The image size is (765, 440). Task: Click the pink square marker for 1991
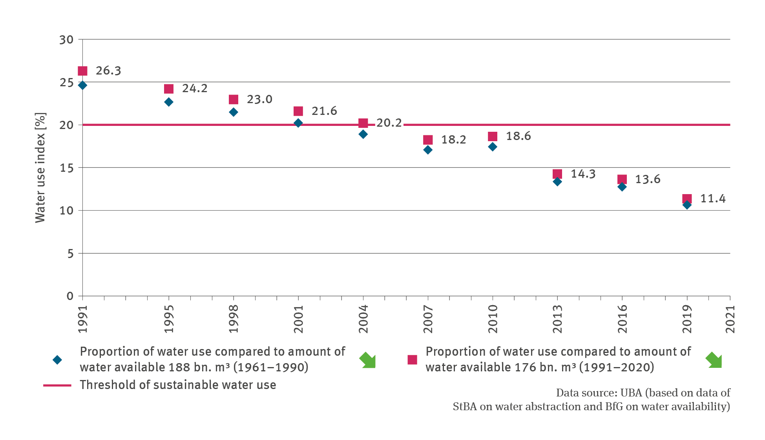point(82,71)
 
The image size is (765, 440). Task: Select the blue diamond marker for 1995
point(169,102)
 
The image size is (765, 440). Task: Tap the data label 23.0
point(259,99)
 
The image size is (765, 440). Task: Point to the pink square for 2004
point(363,123)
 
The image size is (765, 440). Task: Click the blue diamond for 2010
point(493,147)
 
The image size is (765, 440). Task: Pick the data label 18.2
point(453,140)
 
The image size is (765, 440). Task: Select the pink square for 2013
point(557,174)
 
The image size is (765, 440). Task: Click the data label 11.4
point(713,198)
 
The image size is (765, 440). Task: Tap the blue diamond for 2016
point(622,187)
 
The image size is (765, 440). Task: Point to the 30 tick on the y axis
point(66,40)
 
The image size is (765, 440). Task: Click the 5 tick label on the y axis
point(70,254)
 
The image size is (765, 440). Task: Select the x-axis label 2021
point(730,320)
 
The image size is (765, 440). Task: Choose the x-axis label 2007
point(428,320)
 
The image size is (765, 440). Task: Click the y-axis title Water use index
point(40,168)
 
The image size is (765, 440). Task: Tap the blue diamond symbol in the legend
point(57,360)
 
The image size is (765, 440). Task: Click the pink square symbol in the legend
point(412,360)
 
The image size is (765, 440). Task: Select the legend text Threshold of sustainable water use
point(178,385)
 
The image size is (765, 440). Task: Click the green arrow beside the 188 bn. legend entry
point(368,360)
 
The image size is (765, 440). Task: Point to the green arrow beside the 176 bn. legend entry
point(714,360)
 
